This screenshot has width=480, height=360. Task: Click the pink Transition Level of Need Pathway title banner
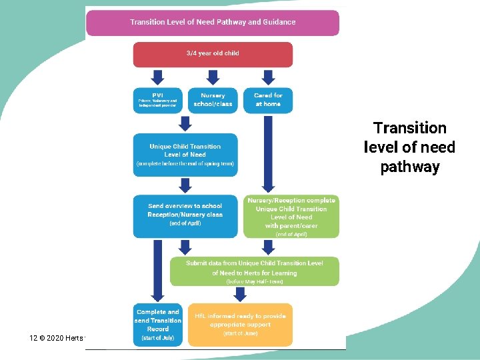click(x=212, y=22)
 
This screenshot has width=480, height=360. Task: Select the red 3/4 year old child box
click(x=213, y=54)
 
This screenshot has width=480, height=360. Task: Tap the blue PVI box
click(x=158, y=99)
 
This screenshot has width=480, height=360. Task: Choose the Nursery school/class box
click(x=213, y=99)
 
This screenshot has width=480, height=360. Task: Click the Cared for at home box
click(x=268, y=99)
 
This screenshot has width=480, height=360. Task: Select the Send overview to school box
click(x=185, y=215)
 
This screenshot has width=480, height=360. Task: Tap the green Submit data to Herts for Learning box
click(x=254, y=272)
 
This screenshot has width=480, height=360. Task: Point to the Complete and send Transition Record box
click(x=158, y=325)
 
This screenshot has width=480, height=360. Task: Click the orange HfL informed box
click(x=239, y=325)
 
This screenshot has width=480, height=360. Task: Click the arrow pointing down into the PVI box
click(x=158, y=76)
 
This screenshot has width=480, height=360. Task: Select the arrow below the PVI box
click(x=185, y=123)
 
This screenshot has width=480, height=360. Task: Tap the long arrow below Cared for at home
click(x=268, y=153)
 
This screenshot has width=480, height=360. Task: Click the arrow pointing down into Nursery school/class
click(x=213, y=76)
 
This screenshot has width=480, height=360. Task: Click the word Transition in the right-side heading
click(x=410, y=128)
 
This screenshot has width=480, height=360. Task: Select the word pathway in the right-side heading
click(x=410, y=167)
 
